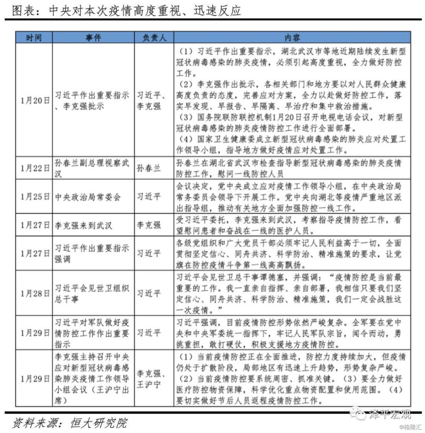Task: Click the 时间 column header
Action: [34, 37]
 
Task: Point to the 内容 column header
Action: [292, 37]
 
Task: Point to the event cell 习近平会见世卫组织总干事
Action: [91, 293]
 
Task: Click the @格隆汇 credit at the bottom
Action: [410, 426]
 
